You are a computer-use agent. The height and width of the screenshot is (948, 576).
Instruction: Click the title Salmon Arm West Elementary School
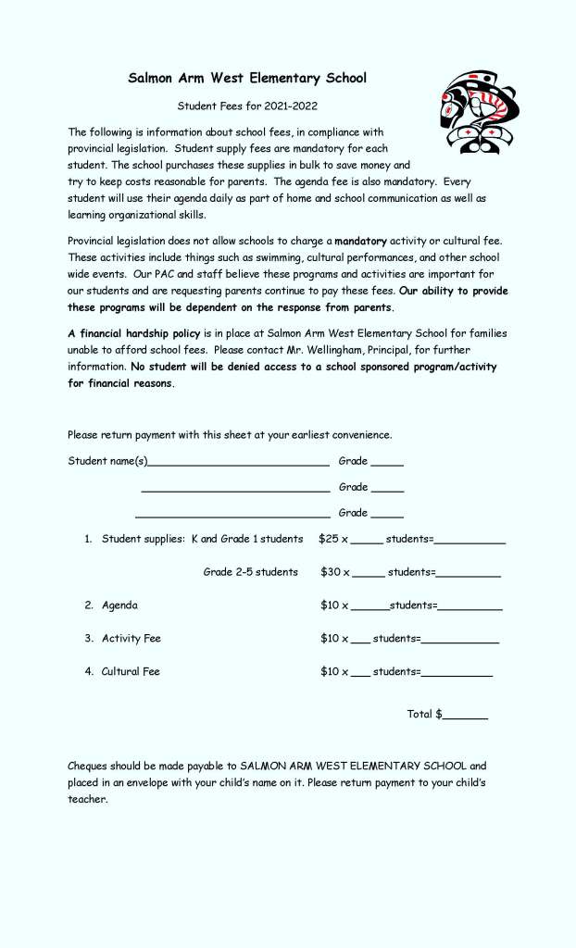[247, 79]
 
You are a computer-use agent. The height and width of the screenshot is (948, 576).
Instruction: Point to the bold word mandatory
[361, 241]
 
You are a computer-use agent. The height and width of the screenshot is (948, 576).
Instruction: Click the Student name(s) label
[107, 461]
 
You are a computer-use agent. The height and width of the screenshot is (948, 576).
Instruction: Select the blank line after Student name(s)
[238, 462]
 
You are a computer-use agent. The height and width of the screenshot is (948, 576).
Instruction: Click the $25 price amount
[329, 539]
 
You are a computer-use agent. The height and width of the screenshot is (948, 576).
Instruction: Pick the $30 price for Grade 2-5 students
[331, 572]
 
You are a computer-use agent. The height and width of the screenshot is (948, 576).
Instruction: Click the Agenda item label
[119, 605]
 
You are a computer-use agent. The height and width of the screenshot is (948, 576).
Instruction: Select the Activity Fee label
[131, 639]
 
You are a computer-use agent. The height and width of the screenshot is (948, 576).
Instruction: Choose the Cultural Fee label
[131, 672]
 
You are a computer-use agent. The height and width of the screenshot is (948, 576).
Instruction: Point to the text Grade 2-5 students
[251, 572]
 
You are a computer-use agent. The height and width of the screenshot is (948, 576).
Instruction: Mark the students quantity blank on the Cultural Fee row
[361, 674]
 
